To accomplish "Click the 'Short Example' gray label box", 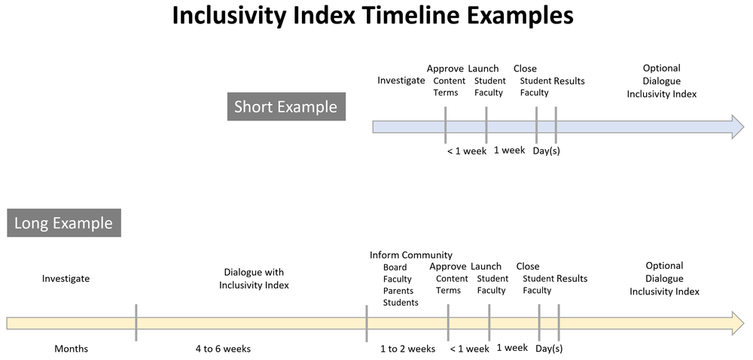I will [x=285, y=107].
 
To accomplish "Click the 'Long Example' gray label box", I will [x=64, y=223].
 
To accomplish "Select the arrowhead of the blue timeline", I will [x=736, y=127].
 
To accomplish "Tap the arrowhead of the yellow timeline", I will [x=736, y=323].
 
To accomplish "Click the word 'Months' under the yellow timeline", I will [x=71, y=349].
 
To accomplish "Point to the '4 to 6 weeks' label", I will [x=223, y=349].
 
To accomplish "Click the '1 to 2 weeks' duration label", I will [x=407, y=349].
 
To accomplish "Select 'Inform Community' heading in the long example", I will [x=411, y=255].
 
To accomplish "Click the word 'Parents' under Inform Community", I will [x=398, y=291].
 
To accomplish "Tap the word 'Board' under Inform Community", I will [x=395, y=267].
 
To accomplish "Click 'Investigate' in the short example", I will [x=401, y=81].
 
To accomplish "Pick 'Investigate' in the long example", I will [x=66, y=279].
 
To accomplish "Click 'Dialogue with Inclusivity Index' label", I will [x=254, y=279].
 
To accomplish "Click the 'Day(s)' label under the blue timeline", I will [x=546, y=151].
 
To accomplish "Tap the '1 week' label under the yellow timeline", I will [x=512, y=347].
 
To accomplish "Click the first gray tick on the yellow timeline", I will [x=136, y=322].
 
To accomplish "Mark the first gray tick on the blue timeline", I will [x=446, y=125].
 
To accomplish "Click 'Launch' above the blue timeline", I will [x=483, y=69].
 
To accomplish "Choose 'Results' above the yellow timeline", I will [x=572, y=279].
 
